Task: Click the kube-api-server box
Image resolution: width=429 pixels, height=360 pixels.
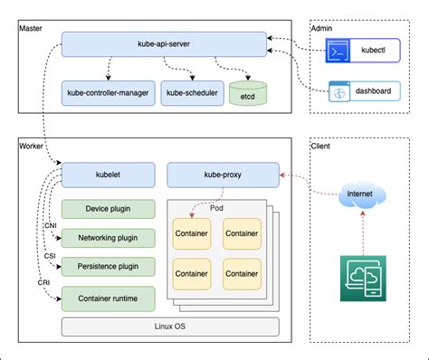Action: pyautogui.click(x=164, y=43)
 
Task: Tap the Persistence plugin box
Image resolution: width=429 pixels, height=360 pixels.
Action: pyautogui.click(x=108, y=267)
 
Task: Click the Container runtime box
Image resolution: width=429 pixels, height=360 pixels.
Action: pyautogui.click(x=108, y=297)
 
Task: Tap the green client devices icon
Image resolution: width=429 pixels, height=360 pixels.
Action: pyautogui.click(x=361, y=278)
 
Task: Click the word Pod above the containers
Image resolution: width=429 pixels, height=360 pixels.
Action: pyautogui.click(x=216, y=207)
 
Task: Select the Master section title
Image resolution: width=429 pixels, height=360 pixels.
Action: pyautogui.click(x=31, y=29)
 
